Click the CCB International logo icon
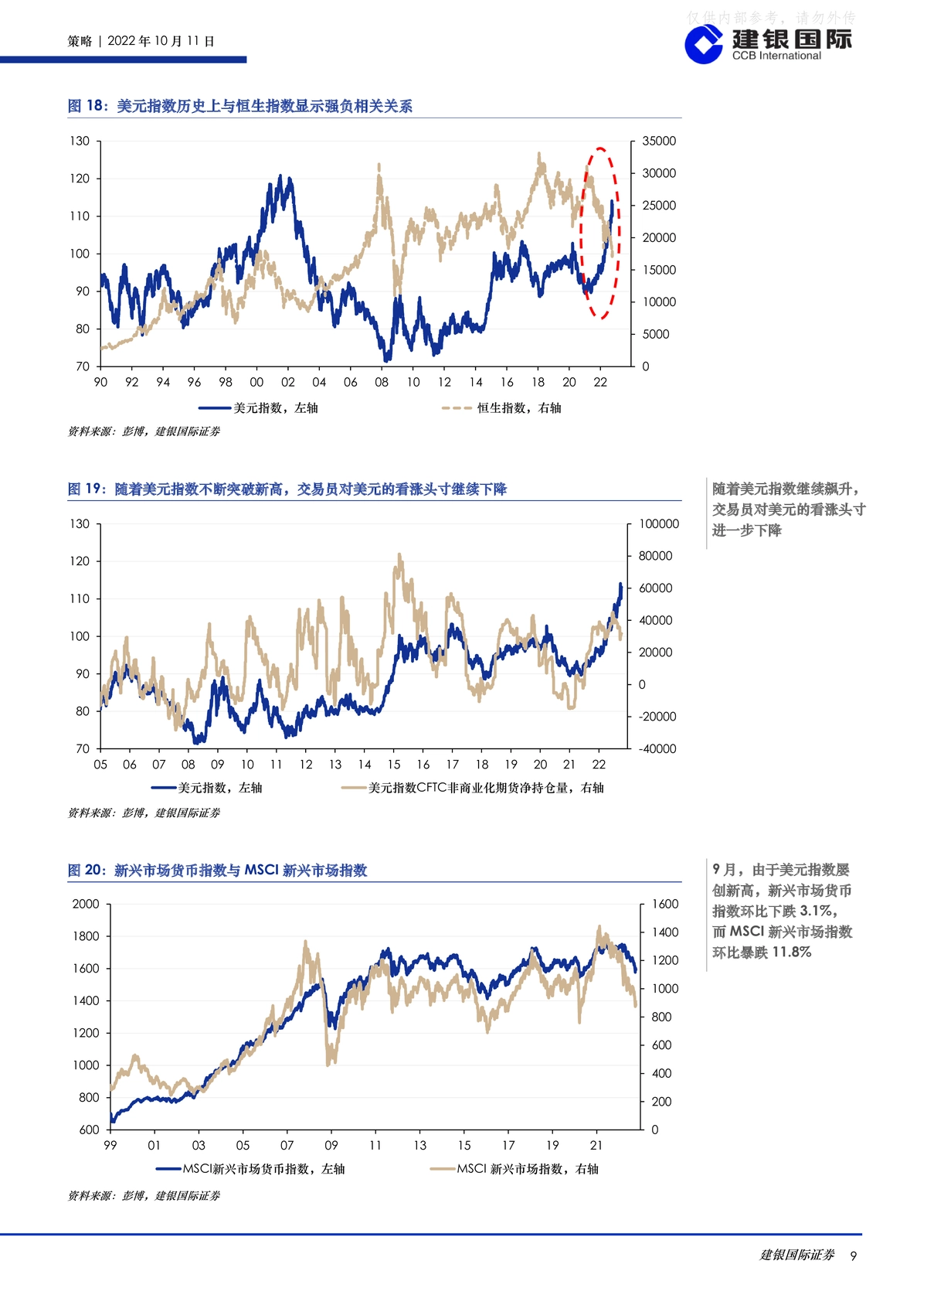pyautogui.click(x=704, y=45)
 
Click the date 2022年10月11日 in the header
pyautogui.click(x=161, y=41)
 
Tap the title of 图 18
pyautogui.click(x=240, y=106)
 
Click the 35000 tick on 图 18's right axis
pyautogui.click(x=659, y=141)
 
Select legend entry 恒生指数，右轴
pyautogui.click(x=501, y=407)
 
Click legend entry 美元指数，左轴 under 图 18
pyautogui.click(x=258, y=407)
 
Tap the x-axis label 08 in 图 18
pyautogui.click(x=382, y=383)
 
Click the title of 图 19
pyautogui.click(x=287, y=489)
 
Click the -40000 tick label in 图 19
pyautogui.click(x=657, y=748)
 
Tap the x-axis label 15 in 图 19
pyautogui.click(x=394, y=765)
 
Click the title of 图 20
pyautogui.click(x=218, y=870)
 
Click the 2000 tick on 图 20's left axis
pyautogui.click(x=86, y=904)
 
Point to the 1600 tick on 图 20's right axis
pyautogui.click(x=665, y=904)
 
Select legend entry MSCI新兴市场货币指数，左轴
pyautogui.click(x=250, y=1168)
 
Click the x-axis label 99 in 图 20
pyautogui.click(x=110, y=1145)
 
